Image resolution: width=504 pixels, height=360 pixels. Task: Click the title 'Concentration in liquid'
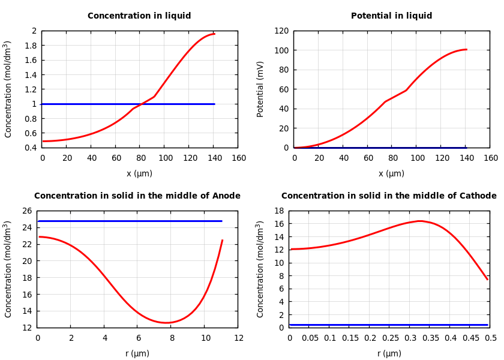click(139, 16)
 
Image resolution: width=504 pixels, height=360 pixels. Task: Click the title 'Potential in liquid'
click(391, 16)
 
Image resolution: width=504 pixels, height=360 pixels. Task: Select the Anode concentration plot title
click(137, 196)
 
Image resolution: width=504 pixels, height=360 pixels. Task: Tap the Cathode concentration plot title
click(389, 196)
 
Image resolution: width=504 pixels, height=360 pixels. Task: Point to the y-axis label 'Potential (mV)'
click(260, 89)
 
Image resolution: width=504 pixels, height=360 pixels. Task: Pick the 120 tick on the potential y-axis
click(282, 31)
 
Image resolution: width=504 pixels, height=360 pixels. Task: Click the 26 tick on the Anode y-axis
click(26, 211)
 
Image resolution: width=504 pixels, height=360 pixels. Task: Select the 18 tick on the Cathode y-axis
click(278, 211)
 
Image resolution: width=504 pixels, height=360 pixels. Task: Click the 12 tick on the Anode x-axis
click(238, 338)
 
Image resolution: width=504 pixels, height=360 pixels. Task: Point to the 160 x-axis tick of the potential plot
click(490, 158)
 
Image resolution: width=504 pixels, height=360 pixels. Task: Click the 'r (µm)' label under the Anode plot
click(137, 353)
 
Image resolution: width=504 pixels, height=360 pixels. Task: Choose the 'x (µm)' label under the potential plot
click(391, 173)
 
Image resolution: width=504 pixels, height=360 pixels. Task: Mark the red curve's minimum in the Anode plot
click(166, 323)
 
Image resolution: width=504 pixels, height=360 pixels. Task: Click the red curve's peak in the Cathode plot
click(420, 221)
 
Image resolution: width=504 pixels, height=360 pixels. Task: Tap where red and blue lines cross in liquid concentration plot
click(140, 104)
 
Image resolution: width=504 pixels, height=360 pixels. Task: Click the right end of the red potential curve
click(466, 49)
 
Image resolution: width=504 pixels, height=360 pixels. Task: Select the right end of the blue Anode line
click(221, 221)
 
